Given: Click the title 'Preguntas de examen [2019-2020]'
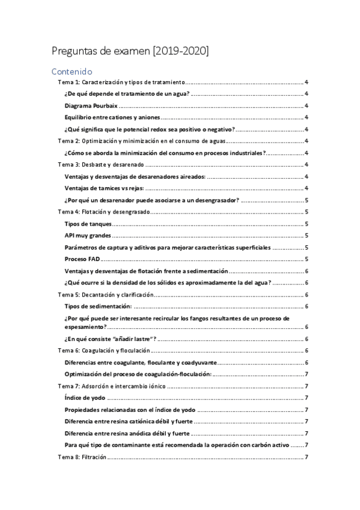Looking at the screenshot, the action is pyautogui.click(x=130, y=51).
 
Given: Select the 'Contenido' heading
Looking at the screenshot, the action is pyautogui.click(x=72, y=71).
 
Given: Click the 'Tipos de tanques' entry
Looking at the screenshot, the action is pyautogui.click(x=87, y=223).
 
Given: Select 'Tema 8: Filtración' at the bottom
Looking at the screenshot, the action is pyautogui.click(x=82, y=456).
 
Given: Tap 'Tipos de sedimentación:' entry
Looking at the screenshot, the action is pyautogui.click(x=98, y=306).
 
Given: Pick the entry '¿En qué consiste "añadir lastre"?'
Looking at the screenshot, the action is pyautogui.click(x=111, y=339).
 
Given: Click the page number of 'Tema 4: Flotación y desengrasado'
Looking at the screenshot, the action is pyautogui.click(x=307, y=212).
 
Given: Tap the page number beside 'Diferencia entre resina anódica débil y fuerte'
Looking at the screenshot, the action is pyautogui.click(x=307, y=433).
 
